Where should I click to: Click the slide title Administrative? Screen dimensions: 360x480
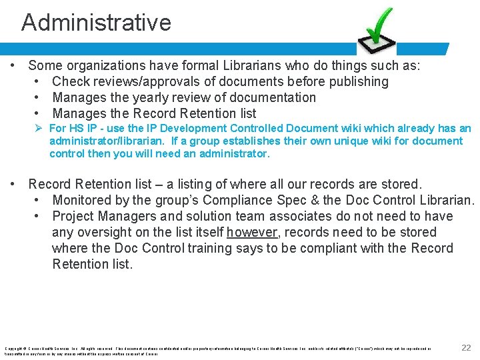pos(96,23)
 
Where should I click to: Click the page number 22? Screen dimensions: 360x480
pos(466,347)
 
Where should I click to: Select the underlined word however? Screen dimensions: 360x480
pos(252,232)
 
